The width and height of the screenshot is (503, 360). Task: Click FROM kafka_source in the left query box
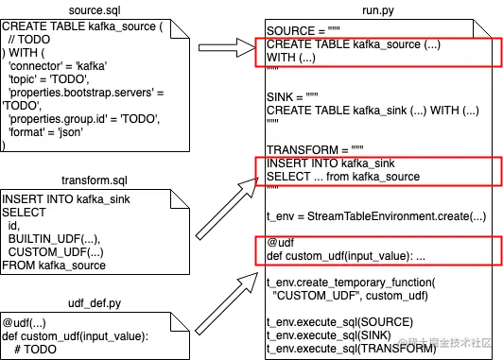click(53, 238)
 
